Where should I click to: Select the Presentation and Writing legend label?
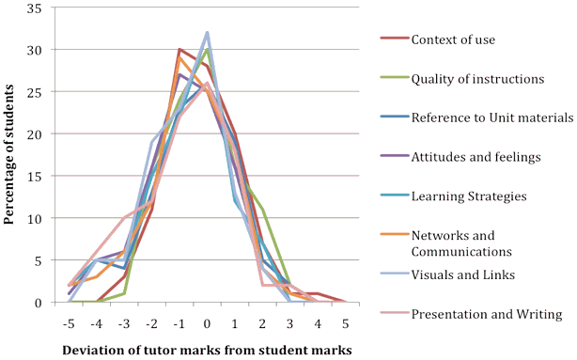(486, 314)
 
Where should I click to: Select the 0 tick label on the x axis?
(208, 321)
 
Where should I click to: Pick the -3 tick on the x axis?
(124, 321)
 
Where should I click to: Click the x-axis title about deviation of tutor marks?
(207, 350)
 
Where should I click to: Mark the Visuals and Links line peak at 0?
(207, 32)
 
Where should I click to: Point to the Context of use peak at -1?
(179, 49)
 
